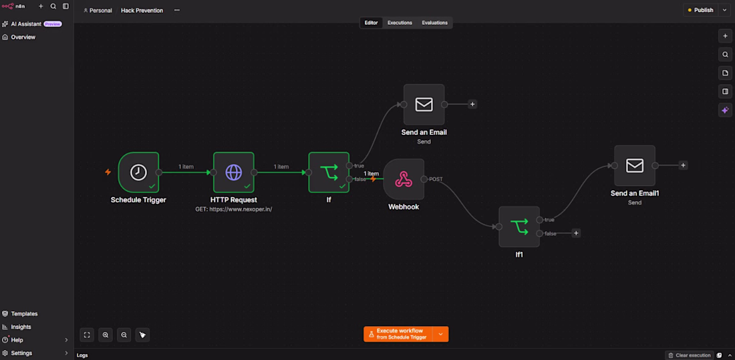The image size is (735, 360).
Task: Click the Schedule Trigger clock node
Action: tap(138, 172)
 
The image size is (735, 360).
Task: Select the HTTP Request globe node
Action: tap(233, 172)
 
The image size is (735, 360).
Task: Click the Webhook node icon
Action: tap(404, 179)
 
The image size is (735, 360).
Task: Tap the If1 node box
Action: tap(519, 226)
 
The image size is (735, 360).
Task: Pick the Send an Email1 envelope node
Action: tap(635, 166)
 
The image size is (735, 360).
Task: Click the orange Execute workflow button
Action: tap(398, 334)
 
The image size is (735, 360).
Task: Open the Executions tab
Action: tap(400, 23)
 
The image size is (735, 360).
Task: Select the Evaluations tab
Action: tap(434, 23)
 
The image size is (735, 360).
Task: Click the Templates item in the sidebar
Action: tap(24, 314)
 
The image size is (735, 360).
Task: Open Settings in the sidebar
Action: tap(21, 353)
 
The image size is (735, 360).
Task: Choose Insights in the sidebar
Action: tap(21, 327)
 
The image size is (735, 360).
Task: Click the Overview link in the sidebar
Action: tap(23, 37)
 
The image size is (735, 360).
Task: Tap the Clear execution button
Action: tap(690, 355)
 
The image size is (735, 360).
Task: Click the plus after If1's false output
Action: tap(576, 233)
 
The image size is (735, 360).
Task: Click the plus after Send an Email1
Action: tap(684, 166)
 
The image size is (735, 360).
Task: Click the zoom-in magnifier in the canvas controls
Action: tap(106, 335)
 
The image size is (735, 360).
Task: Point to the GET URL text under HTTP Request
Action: tap(233, 209)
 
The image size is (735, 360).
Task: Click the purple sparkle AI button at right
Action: tap(725, 110)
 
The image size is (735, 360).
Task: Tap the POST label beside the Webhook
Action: tap(436, 179)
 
